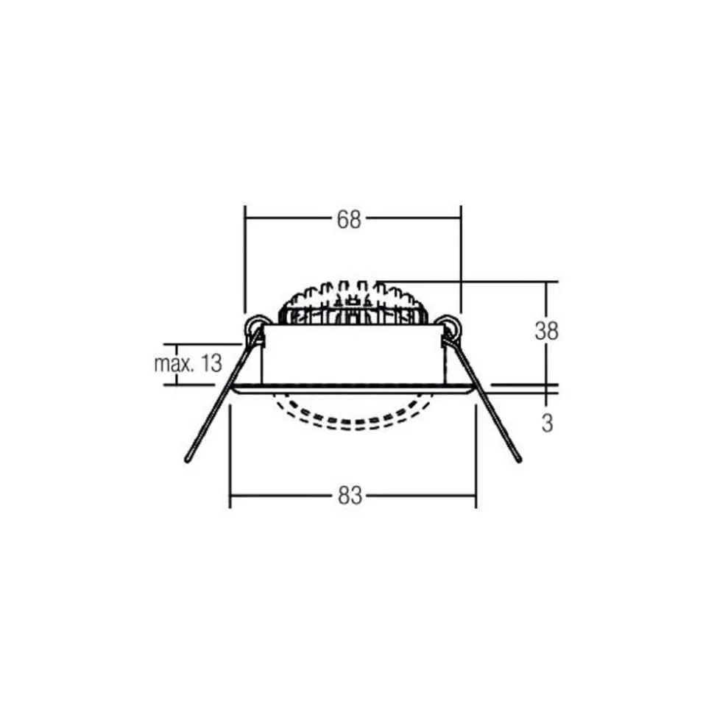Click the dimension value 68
pyautogui.click(x=350, y=219)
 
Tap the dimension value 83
pyautogui.click(x=351, y=496)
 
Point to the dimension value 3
pyautogui.click(x=547, y=424)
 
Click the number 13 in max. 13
pyautogui.click(x=210, y=363)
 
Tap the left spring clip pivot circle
pyautogui.click(x=257, y=325)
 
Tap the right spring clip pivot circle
pyautogui.click(x=447, y=325)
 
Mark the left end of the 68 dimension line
pyautogui.click(x=245, y=218)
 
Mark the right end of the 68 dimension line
pyautogui.click(x=460, y=218)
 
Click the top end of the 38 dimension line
pyautogui.click(x=546, y=282)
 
